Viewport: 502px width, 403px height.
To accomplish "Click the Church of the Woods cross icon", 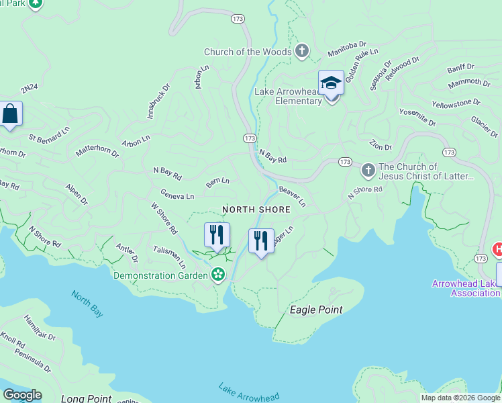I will [302, 51].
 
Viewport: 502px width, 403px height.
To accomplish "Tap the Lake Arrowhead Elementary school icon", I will [331, 83].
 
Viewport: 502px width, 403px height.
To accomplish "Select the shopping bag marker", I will [11, 114].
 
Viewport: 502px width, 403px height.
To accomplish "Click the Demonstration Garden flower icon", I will [217, 275].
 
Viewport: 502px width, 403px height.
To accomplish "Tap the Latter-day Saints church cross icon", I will [368, 171].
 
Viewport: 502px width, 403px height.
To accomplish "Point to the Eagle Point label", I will [315, 310].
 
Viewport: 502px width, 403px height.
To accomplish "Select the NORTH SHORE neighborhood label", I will [256, 210].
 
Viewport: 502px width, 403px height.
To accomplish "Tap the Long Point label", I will [86, 398].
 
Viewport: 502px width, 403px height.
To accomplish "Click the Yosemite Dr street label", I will [417, 118].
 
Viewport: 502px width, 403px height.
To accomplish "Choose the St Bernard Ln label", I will [48, 134].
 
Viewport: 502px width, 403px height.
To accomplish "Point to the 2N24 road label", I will [30, 89].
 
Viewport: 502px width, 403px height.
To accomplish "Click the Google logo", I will [22, 395].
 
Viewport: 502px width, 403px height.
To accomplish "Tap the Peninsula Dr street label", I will [33, 361].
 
